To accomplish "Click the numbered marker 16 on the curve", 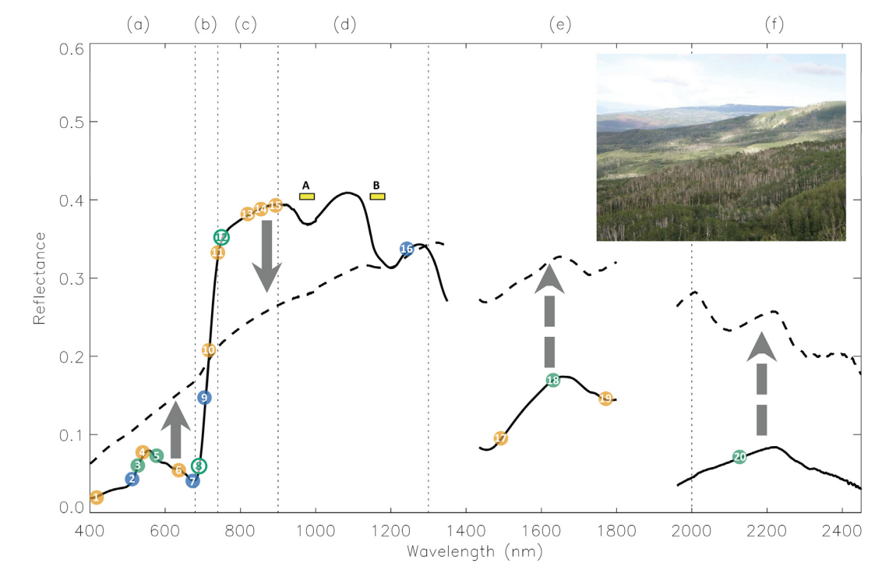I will pyautogui.click(x=406, y=249).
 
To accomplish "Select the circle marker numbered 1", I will pyautogui.click(x=96, y=498).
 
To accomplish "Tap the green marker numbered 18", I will pyautogui.click(x=553, y=381).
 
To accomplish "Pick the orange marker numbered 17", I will pyautogui.click(x=500, y=439).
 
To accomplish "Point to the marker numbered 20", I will pyautogui.click(x=739, y=457).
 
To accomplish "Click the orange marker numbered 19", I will pyautogui.click(x=605, y=399).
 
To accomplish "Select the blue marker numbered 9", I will pyautogui.click(x=203, y=398).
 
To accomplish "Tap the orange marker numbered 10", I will pyautogui.click(x=208, y=351).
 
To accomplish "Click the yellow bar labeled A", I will pyautogui.click(x=307, y=197).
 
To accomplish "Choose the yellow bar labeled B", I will pyautogui.click(x=377, y=197).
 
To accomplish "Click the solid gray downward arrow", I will pyautogui.click(x=266, y=256).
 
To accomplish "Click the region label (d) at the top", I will pyautogui.click(x=344, y=25).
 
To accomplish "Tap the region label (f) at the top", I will pyautogui.click(x=774, y=25).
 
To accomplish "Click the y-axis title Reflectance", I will pyautogui.click(x=38, y=278).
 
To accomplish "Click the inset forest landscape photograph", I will pyautogui.click(x=721, y=147).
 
